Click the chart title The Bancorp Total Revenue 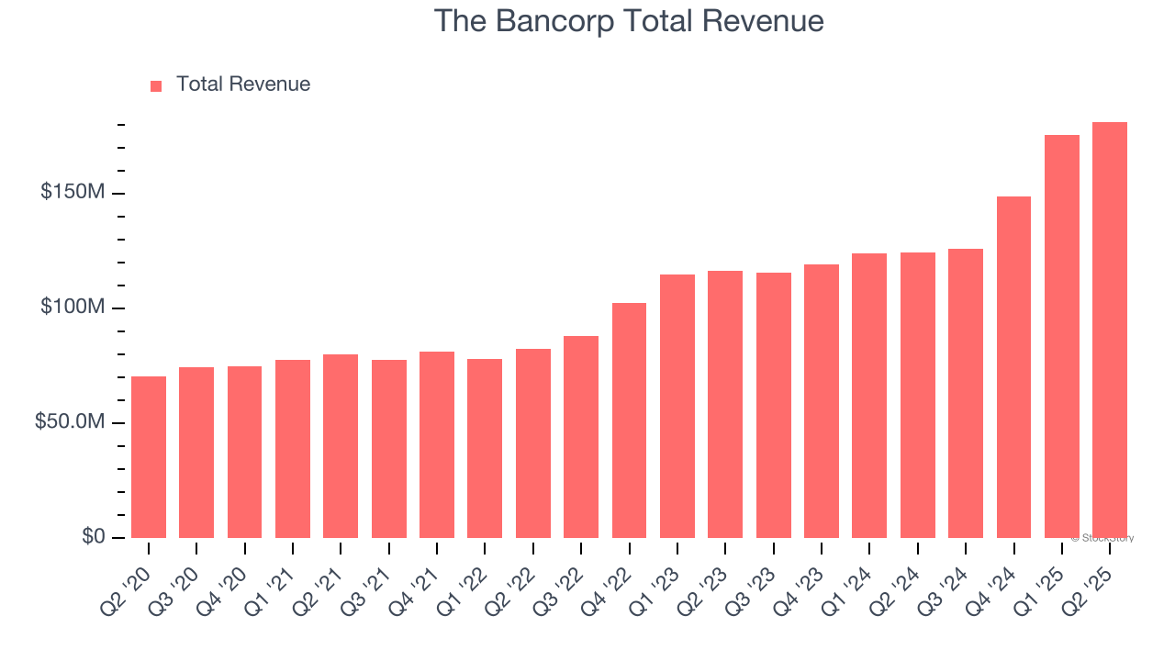[x=628, y=21]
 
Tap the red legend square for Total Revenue [x=156, y=85]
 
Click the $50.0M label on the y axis [x=70, y=422]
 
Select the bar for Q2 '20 [x=149, y=457]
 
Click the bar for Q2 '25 [x=1109, y=330]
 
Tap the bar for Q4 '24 [x=1013, y=367]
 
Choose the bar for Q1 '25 [x=1061, y=336]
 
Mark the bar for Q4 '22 [x=629, y=420]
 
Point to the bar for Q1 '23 [x=677, y=406]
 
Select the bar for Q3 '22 [x=581, y=437]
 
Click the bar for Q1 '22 [x=485, y=448]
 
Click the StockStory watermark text [x=1102, y=538]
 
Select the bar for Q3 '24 [x=965, y=393]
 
